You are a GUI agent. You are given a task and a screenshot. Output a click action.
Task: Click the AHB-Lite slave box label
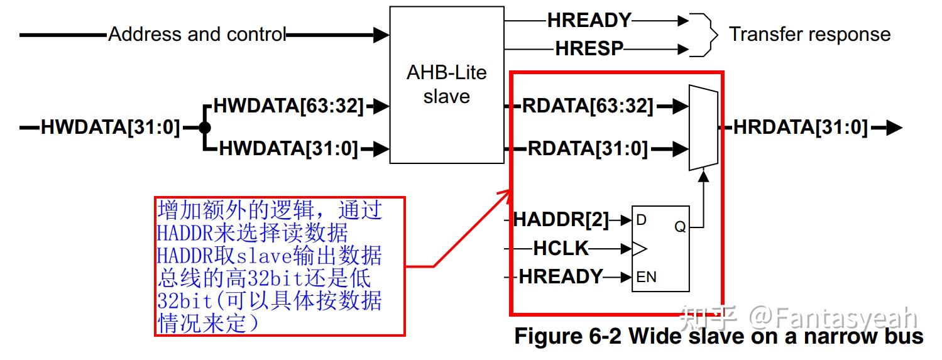coord(446,84)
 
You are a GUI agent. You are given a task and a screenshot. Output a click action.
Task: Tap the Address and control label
coord(197,34)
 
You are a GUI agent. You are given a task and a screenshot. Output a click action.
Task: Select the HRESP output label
coord(589,48)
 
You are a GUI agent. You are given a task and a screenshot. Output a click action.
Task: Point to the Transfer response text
coord(809,34)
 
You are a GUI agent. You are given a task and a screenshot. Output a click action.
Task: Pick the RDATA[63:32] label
coord(588,106)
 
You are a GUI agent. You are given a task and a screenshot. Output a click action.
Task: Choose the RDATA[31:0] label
coord(588,148)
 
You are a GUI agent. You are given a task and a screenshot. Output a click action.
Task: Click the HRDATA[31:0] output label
coord(801,128)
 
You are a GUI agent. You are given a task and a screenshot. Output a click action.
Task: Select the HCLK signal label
coord(561,249)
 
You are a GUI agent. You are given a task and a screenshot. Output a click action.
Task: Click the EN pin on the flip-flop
coord(647,276)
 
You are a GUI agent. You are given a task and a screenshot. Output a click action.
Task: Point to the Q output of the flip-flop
coord(680,227)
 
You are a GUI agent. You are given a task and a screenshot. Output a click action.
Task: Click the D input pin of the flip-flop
coord(642,221)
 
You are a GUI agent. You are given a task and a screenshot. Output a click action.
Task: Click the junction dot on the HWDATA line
coord(204,128)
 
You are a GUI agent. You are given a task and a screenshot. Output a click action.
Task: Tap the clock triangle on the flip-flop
coord(638,249)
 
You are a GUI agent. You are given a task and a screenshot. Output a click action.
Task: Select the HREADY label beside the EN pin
coord(561,276)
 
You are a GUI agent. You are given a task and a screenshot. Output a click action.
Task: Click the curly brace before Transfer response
coord(709,35)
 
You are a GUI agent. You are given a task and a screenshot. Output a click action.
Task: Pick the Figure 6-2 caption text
coord(718,336)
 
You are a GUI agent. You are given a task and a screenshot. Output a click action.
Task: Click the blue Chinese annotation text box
coord(280,266)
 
